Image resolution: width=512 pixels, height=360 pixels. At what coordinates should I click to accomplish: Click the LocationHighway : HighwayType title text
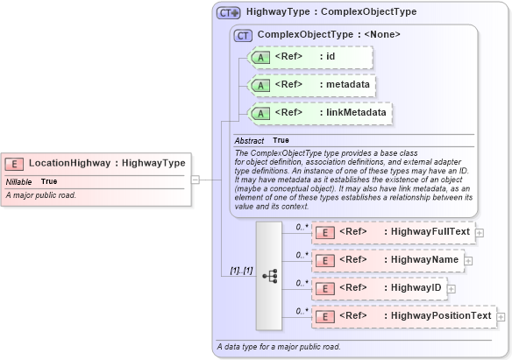tap(107, 163)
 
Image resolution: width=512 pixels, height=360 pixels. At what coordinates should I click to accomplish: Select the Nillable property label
tap(19, 181)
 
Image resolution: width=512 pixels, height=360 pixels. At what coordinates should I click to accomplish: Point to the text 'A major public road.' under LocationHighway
tap(41, 194)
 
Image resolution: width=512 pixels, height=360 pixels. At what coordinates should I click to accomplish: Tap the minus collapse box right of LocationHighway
tap(196, 180)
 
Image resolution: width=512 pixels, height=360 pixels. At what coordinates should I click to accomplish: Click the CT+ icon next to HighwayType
tap(229, 13)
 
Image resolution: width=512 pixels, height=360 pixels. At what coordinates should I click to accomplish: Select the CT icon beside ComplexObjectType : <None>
tap(243, 35)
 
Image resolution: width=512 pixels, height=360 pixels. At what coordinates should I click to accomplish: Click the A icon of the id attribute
tap(260, 58)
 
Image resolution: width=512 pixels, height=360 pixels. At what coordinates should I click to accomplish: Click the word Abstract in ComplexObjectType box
tap(249, 140)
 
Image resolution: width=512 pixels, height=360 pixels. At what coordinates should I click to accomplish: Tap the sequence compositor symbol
tap(270, 275)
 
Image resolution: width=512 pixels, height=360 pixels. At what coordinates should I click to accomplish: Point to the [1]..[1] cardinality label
tap(241, 271)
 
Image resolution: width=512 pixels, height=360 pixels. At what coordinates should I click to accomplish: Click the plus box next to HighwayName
tap(468, 260)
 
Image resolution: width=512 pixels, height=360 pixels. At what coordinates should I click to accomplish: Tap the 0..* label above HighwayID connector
tap(301, 282)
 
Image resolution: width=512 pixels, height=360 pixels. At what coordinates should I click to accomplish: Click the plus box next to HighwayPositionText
tap(501, 315)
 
